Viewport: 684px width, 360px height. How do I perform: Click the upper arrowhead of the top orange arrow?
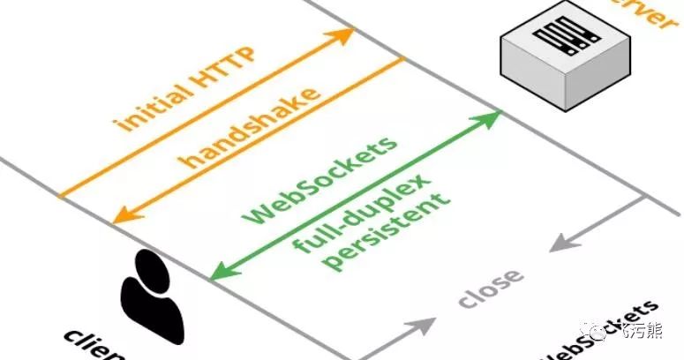[344, 34]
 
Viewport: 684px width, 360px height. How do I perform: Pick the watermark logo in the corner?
[618, 334]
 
